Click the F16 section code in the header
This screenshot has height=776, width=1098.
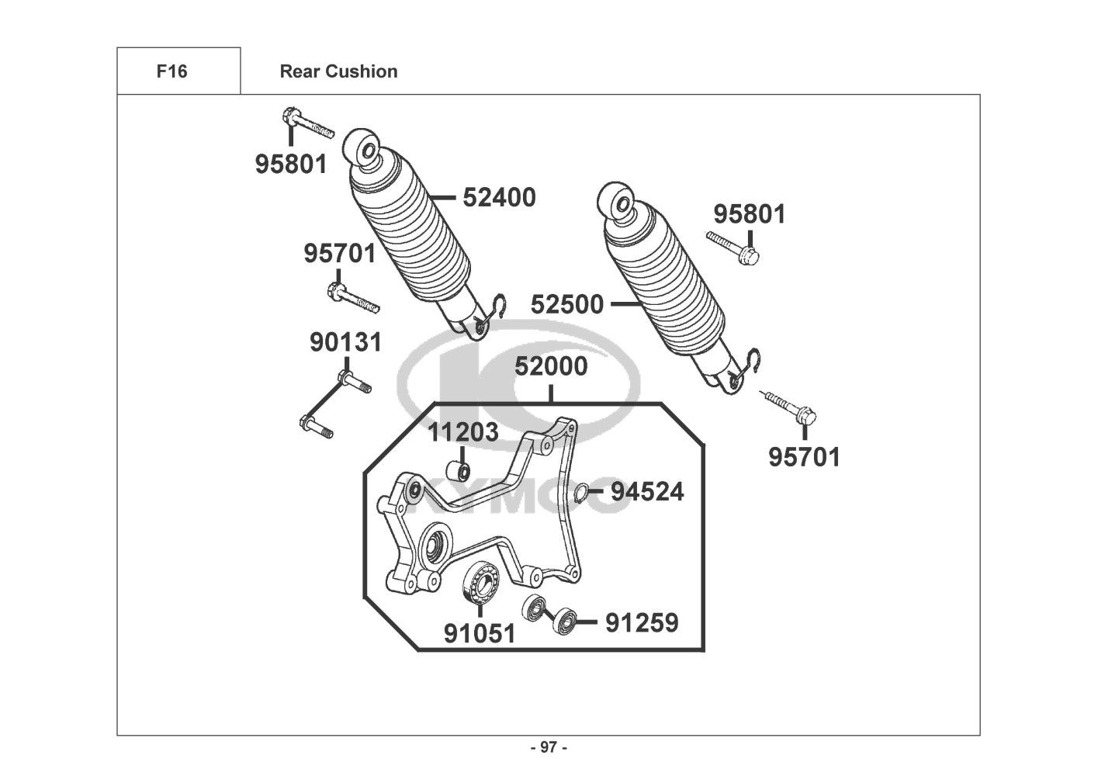[x=171, y=71]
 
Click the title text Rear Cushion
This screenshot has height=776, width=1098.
[x=338, y=71]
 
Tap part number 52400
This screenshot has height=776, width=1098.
[x=499, y=198]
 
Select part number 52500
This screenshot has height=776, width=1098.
[x=567, y=304]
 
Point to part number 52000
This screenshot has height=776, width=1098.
[x=551, y=366]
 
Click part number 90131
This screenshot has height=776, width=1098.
[x=345, y=342]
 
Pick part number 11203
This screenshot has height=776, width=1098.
[x=463, y=432]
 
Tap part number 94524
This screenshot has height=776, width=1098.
[x=647, y=492]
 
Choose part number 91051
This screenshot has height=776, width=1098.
[x=480, y=633]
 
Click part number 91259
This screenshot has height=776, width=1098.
[x=643, y=622]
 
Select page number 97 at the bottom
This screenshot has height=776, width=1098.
[x=549, y=747]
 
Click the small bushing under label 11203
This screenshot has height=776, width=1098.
[x=459, y=472]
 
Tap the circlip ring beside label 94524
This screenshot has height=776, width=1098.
[x=581, y=493]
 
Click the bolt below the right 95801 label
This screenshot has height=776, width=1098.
[x=733, y=247]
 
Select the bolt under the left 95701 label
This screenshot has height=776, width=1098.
[x=353, y=298]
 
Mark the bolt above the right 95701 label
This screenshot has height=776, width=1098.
[x=788, y=407]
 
